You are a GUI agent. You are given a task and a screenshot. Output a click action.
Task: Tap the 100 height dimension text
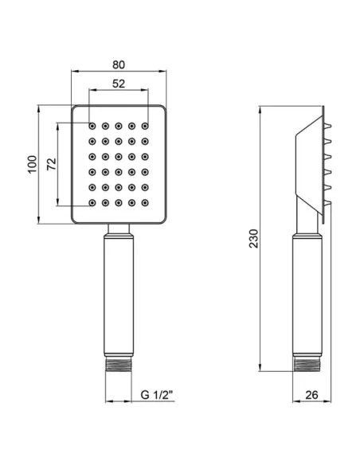[31, 164]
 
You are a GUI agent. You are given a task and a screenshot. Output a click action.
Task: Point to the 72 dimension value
[50, 164]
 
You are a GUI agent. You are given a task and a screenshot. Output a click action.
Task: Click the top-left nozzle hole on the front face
[92, 126]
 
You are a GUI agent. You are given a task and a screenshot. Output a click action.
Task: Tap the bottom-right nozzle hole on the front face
[145, 203]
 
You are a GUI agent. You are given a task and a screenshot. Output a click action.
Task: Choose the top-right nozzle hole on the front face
[145, 126]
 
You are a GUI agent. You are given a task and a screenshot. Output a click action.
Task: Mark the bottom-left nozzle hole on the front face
[92, 203]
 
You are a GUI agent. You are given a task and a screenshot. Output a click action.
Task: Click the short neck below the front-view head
[119, 231]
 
